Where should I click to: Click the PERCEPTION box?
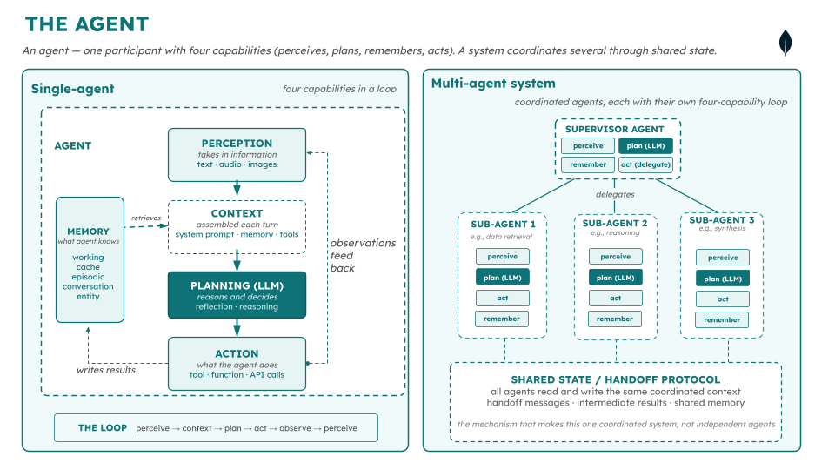(237, 155)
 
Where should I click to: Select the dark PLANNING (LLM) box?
(237, 295)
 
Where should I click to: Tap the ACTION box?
(237, 364)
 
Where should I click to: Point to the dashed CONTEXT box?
(237, 227)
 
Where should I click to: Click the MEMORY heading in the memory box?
(88, 232)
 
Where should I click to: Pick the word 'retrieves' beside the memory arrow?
(146, 218)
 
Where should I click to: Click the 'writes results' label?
(106, 370)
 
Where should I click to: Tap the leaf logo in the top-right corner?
(785, 44)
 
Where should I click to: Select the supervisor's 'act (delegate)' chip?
(645, 164)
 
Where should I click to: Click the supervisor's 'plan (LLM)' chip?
(645, 146)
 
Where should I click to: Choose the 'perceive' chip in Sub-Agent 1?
(502, 256)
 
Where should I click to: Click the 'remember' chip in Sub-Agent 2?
(615, 319)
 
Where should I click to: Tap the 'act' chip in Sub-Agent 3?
(723, 299)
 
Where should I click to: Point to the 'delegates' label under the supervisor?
(615, 194)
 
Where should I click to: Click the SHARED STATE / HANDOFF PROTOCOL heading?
(616, 379)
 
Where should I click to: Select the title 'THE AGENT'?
(87, 24)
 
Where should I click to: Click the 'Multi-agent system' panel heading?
(493, 84)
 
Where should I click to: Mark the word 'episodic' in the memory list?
(88, 277)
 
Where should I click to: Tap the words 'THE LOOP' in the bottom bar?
(103, 428)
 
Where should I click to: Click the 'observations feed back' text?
(363, 255)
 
